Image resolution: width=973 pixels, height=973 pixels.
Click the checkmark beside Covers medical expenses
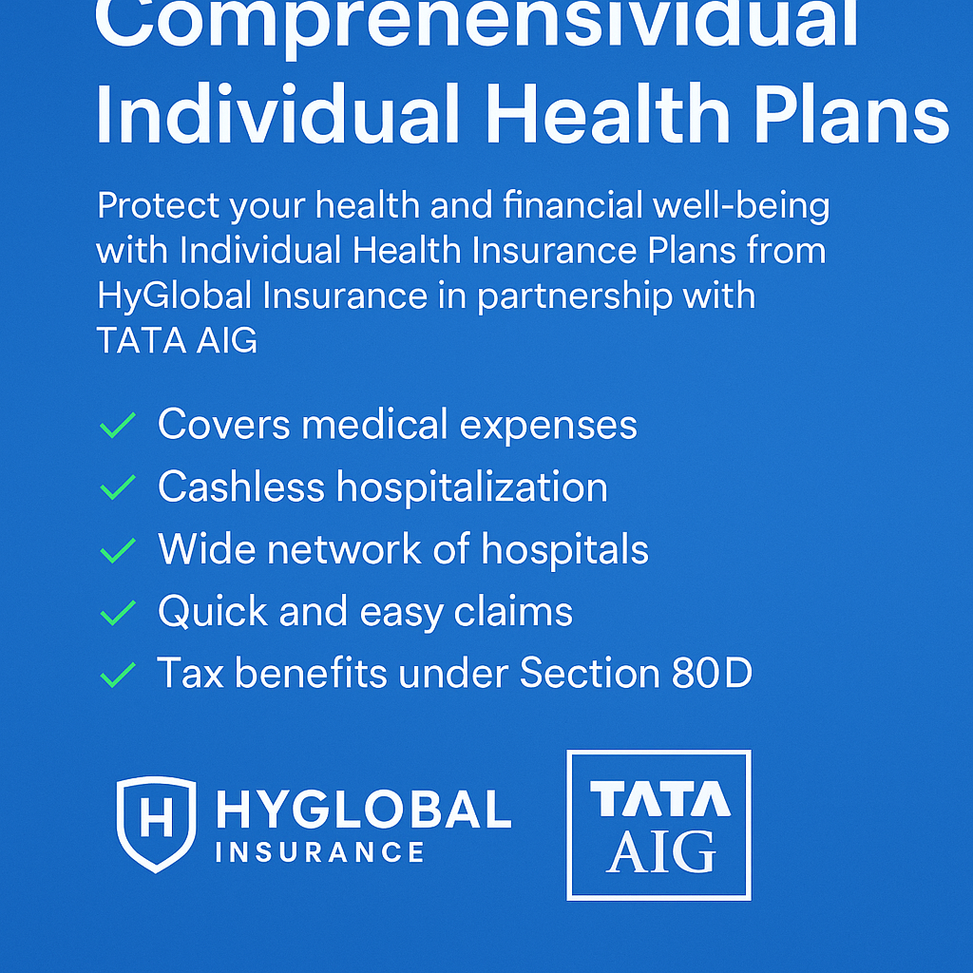point(118,427)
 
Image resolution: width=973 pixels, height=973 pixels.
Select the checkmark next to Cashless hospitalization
point(118,488)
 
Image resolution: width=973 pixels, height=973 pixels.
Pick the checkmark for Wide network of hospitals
point(118,551)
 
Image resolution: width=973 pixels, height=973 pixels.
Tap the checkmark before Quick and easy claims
point(118,614)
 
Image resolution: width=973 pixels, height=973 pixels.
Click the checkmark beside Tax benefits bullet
point(118,676)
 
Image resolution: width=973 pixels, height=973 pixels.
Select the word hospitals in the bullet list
point(564,549)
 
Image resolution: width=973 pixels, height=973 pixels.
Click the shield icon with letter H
point(156,823)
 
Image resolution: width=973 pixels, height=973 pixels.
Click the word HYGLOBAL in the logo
point(363,810)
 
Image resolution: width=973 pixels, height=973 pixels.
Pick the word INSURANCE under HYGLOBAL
point(320,852)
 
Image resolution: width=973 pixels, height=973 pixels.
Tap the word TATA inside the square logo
point(659,800)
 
